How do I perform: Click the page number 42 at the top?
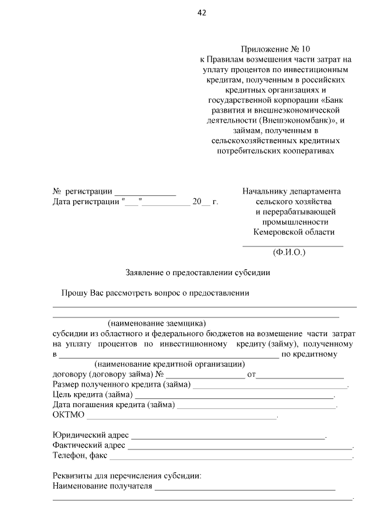click(202, 12)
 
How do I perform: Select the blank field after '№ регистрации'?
click(145, 192)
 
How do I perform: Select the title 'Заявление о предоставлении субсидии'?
click(198, 272)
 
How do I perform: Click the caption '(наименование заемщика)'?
click(157, 323)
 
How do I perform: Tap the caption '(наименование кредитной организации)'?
click(161, 364)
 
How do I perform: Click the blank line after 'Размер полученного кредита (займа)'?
click(270, 385)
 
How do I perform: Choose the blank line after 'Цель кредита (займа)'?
click(234, 395)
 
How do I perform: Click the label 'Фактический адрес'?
click(88, 446)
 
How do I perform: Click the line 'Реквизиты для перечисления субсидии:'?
click(127, 476)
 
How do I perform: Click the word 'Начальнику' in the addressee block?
click(264, 191)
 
